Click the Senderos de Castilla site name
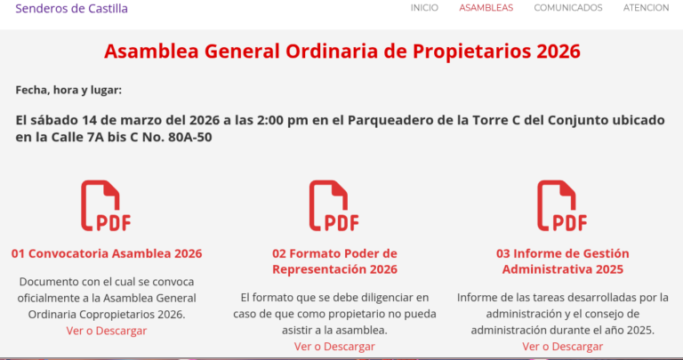(x=72, y=9)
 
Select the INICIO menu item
(x=424, y=8)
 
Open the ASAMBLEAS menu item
(x=486, y=8)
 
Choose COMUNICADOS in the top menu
(x=567, y=8)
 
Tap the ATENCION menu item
(x=646, y=8)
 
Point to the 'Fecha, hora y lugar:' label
(x=68, y=90)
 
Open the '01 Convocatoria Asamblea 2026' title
(x=107, y=253)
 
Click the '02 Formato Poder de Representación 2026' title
(x=334, y=261)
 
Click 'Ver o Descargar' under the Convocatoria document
(x=107, y=331)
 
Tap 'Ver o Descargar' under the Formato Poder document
(x=334, y=347)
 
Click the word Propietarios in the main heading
(x=471, y=52)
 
